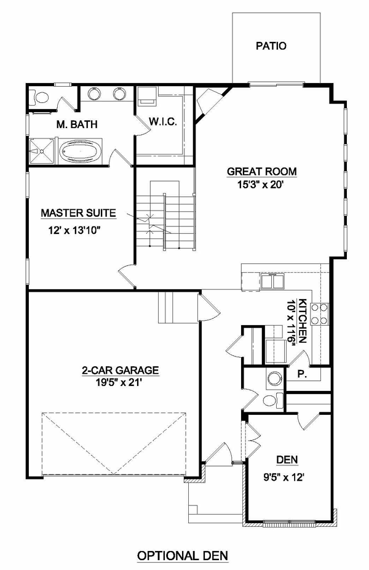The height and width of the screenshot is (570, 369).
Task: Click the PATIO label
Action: pyautogui.click(x=271, y=46)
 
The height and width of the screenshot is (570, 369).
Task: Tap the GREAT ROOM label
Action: pyautogui.click(x=261, y=171)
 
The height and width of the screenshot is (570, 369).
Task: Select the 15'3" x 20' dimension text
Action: pyautogui.click(x=260, y=185)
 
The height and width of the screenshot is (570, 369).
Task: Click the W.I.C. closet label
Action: pyautogui.click(x=163, y=122)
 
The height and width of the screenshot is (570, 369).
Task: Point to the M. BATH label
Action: pyautogui.click(x=77, y=124)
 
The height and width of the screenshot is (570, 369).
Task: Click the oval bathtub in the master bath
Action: pyautogui.click(x=81, y=151)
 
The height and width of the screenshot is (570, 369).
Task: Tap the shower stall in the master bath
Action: pyautogui.click(x=42, y=151)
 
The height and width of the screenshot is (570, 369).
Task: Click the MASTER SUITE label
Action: pyautogui.click(x=79, y=213)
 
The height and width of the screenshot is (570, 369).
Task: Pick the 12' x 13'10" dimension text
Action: pyautogui.click(x=74, y=230)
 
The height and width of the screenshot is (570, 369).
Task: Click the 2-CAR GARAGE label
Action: pyautogui.click(x=120, y=370)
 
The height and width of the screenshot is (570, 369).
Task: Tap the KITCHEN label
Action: pyautogui.click(x=303, y=321)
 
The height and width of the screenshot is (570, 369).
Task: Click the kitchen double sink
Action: pyautogui.click(x=272, y=281)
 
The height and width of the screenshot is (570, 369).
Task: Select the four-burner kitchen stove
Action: pyautogui.click(x=319, y=314)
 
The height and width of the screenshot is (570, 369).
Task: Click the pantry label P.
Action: pyautogui.click(x=301, y=374)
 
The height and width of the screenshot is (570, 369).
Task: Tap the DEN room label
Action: pyautogui.click(x=287, y=460)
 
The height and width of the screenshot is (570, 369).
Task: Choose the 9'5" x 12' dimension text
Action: pyautogui.click(x=284, y=477)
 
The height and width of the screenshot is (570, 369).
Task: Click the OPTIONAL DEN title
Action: pyautogui.click(x=183, y=556)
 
